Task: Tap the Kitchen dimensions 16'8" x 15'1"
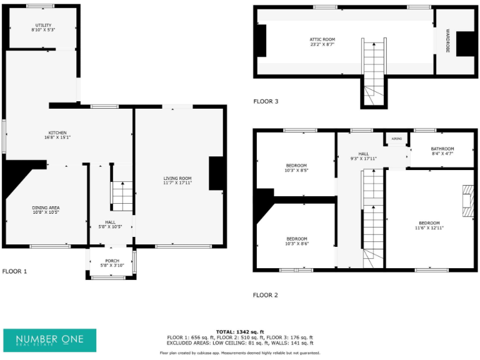[x=57, y=137]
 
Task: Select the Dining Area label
[x=46, y=207]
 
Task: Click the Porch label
[x=112, y=261]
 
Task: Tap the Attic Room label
[x=322, y=39]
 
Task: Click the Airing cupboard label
[x=396, y=138]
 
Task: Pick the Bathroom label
[x=442, y=149]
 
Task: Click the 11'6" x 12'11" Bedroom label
[x=429, y=223]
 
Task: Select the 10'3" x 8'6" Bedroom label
[x=296, y=239]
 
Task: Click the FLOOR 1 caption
[x=15, y=272]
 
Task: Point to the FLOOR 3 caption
[x=266, y=101]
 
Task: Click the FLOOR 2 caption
[x=266, y=295]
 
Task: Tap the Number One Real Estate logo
[x=50, y=340]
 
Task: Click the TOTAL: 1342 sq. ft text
[x=240, y=331]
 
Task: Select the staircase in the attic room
[x=373, y=69]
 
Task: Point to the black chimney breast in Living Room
[x=216, y=173]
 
